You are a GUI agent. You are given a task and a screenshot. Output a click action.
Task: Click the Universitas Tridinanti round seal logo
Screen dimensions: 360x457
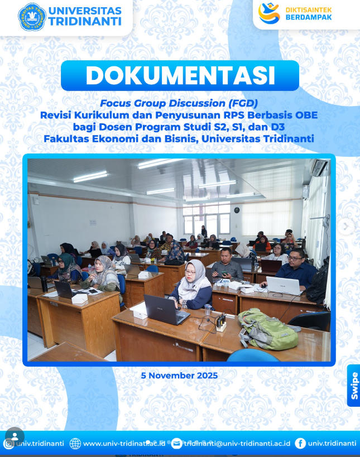[x=32, y=17]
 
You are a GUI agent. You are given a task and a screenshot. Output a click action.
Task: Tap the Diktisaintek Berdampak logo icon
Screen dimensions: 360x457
[x=269, y=13]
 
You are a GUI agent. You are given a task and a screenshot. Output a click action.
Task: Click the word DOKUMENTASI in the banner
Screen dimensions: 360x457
[x=180, y=75]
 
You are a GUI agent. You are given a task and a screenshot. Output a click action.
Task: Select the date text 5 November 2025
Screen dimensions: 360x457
[x=179, y=376]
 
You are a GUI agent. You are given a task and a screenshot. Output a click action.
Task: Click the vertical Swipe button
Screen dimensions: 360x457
[x=354, y=386]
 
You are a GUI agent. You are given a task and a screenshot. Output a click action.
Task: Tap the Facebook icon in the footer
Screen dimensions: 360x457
[x=300, y=444]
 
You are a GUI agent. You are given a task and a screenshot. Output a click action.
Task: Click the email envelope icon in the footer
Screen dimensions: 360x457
[x=176, y=444]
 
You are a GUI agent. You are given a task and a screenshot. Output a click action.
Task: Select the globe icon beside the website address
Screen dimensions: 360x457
[x=75, y=444]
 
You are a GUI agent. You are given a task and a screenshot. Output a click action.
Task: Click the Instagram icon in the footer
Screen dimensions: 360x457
[x=9, y=444]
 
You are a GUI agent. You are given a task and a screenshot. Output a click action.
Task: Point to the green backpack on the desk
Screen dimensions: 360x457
[x=267, y=329]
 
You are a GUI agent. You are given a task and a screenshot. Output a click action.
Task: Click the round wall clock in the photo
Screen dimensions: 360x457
[x=237, y=210]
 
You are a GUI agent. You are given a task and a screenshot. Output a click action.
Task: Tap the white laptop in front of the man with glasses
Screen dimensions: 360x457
[x=284, y=285]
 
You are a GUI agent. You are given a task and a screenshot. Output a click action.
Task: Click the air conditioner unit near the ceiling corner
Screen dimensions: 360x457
[x=319, y=167]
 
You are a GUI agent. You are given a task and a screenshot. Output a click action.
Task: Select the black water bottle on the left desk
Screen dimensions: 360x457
[x=44, y=283]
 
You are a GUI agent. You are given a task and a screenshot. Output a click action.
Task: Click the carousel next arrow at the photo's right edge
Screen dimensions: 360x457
[x=346, y=226]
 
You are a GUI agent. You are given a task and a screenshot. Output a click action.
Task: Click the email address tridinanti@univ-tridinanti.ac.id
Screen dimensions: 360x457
[x=237, y=444]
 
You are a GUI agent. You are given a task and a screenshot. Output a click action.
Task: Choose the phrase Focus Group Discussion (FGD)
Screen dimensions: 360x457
[x=179, y=103]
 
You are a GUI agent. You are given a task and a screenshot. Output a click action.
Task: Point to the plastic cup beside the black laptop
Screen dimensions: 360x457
[x=207, y=310]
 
